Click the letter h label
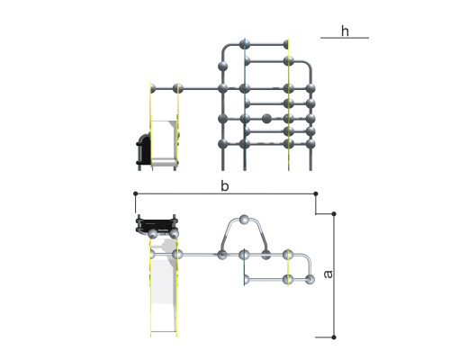coord(345,31)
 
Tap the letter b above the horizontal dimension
coord(225,186)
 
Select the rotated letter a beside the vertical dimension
coord(328,274)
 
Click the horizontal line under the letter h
coord(345,38)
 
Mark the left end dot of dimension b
coord(136,193)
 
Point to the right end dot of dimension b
coord(316,193)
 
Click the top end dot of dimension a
coord(334,213)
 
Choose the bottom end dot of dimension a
coord(334,337)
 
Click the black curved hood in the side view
coord(144,149)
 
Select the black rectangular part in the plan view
coord(157,225)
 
